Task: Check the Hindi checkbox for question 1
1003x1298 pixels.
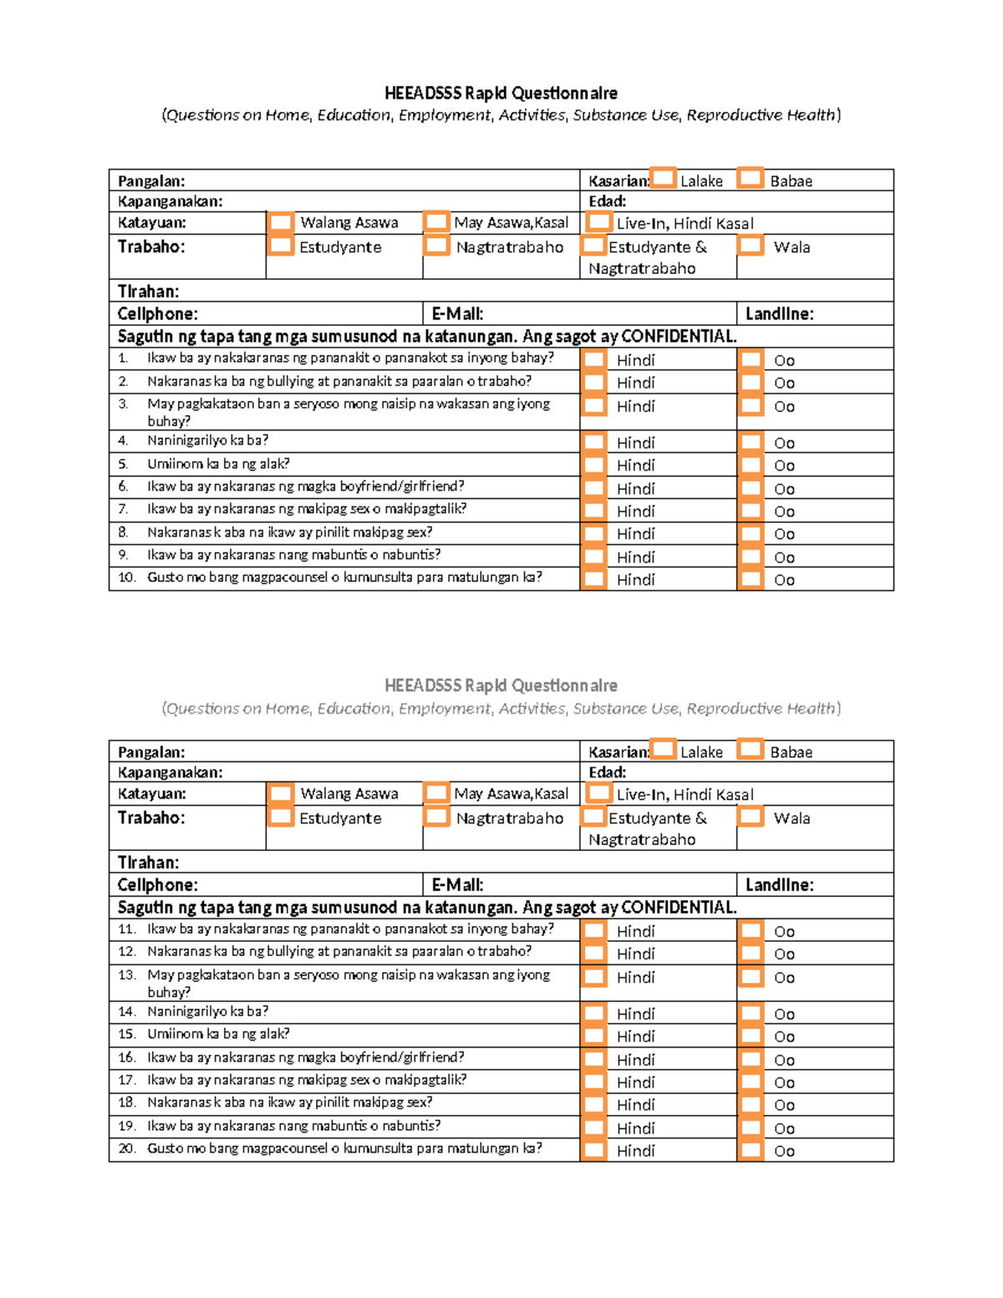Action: tap(594, 359)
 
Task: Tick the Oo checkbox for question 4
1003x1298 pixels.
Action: tap(751, 442)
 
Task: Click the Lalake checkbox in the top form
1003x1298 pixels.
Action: tap(664, 178)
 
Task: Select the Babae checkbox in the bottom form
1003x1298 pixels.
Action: tap(751, 749)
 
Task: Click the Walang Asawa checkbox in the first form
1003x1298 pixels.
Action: tap(281, 222)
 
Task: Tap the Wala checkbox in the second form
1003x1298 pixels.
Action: tap(751, 817)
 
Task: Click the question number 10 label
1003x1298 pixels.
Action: tap(126, 578)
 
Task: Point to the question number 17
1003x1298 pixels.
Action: tap(126, 1080)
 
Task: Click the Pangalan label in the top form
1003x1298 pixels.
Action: tap(151, 181)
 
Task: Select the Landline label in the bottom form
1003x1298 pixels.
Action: tap(779, 885)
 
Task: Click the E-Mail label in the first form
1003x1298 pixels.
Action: tap(457, 314)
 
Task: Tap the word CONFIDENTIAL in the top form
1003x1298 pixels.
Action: tap(679, 337)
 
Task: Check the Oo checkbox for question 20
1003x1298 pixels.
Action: tap(751, 1150)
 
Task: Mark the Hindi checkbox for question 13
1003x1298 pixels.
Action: tap(594, 976)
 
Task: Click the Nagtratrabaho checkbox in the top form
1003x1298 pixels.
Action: tap(436, 246)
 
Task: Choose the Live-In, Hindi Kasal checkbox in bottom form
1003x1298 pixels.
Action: tap(598, 792)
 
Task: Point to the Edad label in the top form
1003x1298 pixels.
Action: tap(607, 201)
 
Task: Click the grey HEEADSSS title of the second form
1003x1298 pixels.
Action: tap(501, 686)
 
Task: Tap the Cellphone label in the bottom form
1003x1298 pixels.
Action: tap(157, 885)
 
